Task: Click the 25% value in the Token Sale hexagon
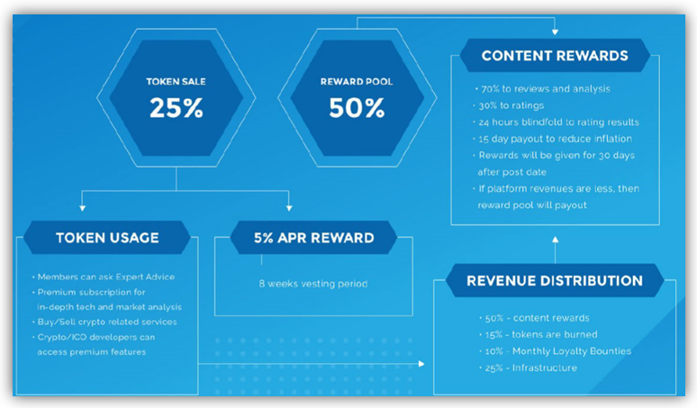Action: tap(176, 108)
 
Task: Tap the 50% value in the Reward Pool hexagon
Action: tap(357, 108)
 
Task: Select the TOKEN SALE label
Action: tap(176, 82)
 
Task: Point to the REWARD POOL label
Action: tap(357, 82)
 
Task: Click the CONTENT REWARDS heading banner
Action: tap(555, 56)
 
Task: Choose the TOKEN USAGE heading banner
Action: tap(107, 238)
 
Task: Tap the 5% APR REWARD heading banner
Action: tap(313, 238)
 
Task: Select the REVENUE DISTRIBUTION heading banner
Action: tap(555, 281)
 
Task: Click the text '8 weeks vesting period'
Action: tap(313, 284)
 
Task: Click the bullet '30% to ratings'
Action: tap(509, 105)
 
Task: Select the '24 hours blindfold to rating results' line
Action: tap(557, 122)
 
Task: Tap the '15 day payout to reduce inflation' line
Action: tap(553, 139)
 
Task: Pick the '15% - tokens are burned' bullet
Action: tap(539, 335)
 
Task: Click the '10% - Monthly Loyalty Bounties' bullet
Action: tap(556, 351)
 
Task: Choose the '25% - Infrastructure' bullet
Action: tap(528, 368)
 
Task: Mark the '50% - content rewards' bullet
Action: tap(534, 318)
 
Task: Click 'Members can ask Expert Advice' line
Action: tap(104, 277)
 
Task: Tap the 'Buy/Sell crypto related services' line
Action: tap(104, 322)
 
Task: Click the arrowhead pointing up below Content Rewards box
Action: tap(556, 240)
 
